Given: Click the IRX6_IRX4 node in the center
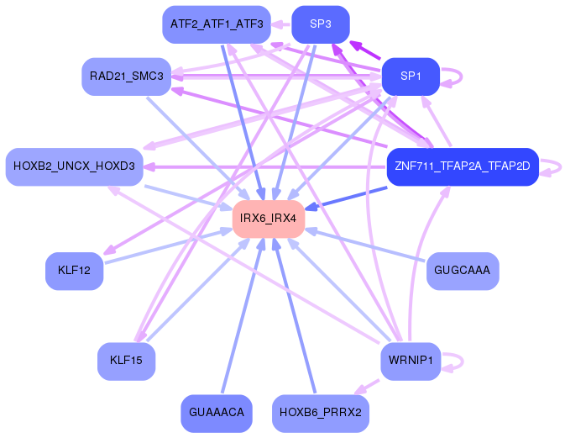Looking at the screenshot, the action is coord(269,219).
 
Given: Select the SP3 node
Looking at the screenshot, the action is coord(321,24).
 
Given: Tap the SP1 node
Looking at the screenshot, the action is coord(411,77).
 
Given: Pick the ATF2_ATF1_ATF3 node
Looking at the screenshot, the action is coord(217,24).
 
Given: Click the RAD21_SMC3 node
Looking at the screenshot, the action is coord(127,77).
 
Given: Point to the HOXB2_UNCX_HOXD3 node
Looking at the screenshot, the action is coord(74,166).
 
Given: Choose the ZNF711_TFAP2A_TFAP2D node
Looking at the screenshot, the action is coord(463,166).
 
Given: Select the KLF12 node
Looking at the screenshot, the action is coord(74,271).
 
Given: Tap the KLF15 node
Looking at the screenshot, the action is coord(126,361).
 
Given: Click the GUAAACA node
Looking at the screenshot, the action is coord(217,413).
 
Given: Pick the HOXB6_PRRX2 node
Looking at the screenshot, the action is coord(321,413).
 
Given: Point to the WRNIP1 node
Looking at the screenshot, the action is coord(411,361).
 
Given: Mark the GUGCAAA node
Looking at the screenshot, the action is coord(463,271).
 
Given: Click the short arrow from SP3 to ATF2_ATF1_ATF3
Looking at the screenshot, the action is coord(281,24).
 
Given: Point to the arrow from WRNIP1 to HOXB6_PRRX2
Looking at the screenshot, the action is coord(367,387).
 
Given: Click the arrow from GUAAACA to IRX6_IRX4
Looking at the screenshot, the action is coord(243,315).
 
